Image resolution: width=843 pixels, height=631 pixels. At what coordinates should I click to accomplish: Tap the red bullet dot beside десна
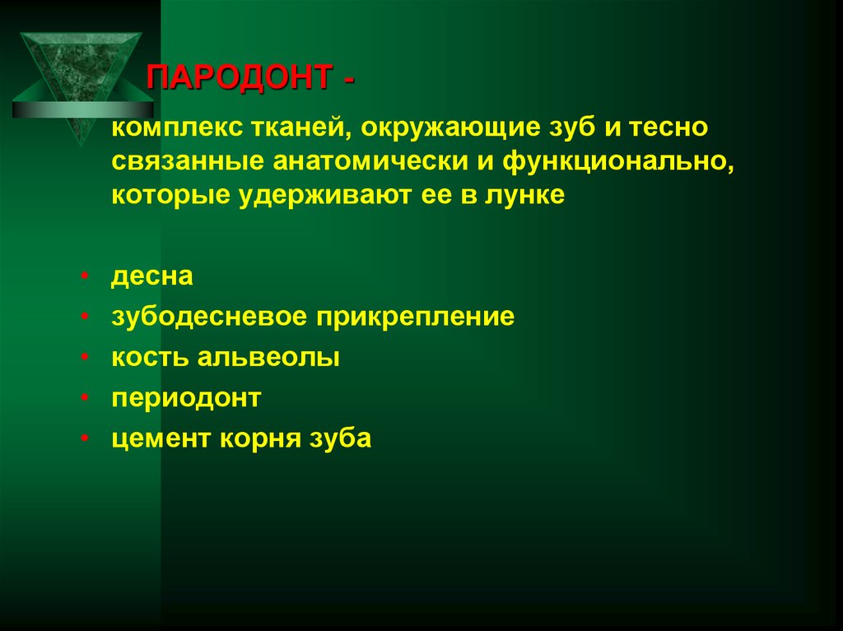click(86, 277)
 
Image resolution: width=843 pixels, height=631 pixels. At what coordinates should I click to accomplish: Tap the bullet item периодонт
click(187, 399)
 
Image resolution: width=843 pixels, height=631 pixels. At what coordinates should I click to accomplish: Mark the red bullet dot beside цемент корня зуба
click(86, 440)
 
